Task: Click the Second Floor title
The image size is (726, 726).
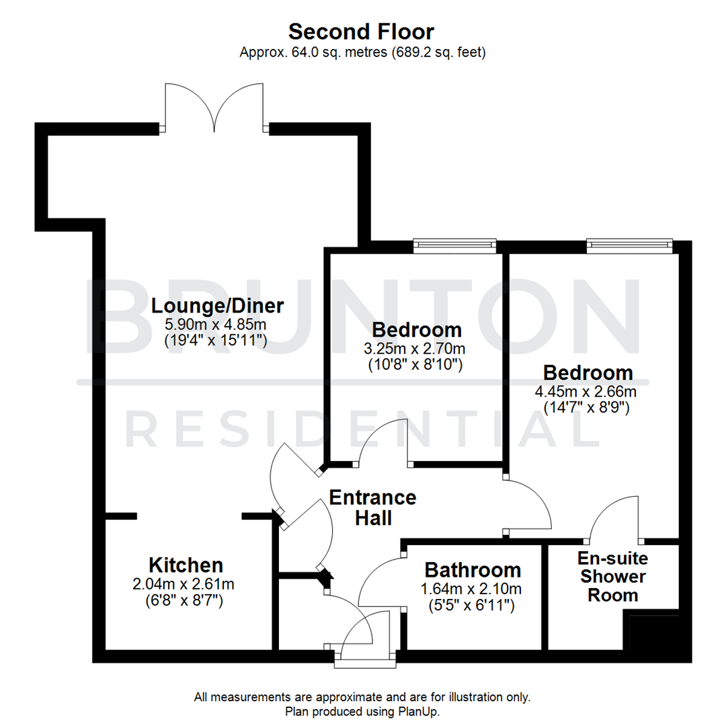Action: click(362, 32)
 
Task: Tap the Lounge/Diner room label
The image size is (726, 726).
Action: click(217, 306)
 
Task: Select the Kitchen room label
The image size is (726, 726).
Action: click(186, 564)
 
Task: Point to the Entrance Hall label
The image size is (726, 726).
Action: click(372, 508)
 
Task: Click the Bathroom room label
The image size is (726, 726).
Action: click(473, 570)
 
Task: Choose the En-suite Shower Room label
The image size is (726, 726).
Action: click(612, 576)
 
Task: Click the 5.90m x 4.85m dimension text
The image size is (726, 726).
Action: click(216, 325)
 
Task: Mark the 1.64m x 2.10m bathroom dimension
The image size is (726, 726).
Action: click(473, 590)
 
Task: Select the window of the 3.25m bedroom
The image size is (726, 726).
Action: click(454, 246)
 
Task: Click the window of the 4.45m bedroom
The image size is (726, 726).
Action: click(629, 246)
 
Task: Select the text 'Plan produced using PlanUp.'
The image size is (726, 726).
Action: click(363, 711)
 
